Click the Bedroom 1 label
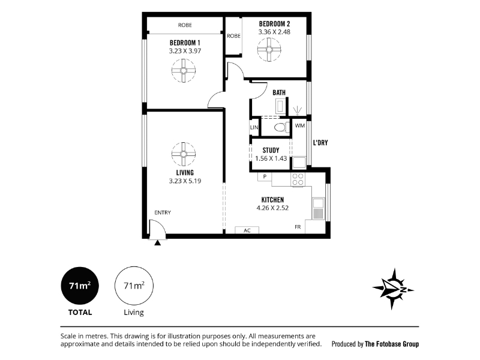point(185,43)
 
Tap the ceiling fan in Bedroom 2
point(269,50)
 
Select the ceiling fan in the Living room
point(184,154)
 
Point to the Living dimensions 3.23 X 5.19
point(185,181)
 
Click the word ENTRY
point(163,212)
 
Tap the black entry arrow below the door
point(157,243)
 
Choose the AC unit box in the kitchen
point(247,230)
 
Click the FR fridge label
point(298,227)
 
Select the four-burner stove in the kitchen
point(298,179)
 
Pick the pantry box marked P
point(265,176)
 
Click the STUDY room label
point(271,151)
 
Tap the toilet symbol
point(281,127)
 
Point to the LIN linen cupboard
point(254,127)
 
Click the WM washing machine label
point(299,125)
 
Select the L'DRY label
point(320,143)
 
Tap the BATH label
point(279,92)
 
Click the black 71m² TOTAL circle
point(80,286)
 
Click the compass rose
point(393,289)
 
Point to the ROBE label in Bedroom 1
point(185,25)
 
